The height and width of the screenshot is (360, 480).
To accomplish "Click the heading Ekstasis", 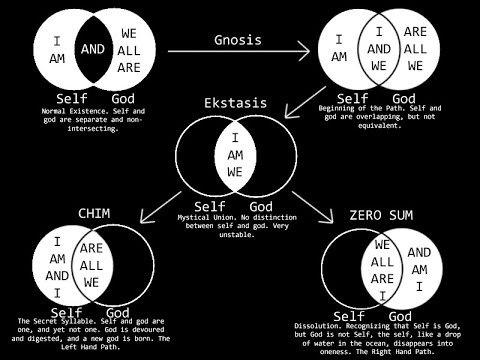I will (x=239, y=103).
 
